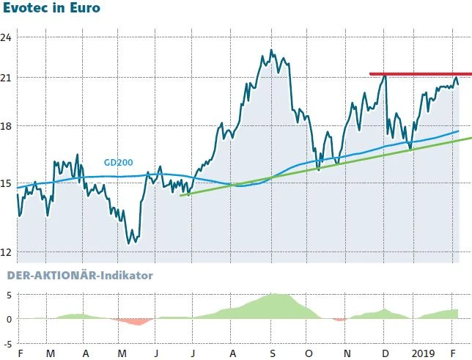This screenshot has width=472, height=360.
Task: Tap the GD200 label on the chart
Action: (x=117, y=163)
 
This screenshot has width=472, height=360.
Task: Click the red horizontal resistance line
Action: (x=418, y=74)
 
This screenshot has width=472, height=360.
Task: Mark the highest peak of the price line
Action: (x=271, y=50)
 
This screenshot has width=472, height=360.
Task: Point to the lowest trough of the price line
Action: (x=130, y=243)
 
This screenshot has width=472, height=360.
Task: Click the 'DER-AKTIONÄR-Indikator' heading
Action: (x=79, y=276)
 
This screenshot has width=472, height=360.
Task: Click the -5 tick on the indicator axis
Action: (x=7, y=342)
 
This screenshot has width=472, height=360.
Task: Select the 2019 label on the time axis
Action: (x=424, y=353)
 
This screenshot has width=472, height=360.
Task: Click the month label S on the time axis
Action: (x=272, y=353)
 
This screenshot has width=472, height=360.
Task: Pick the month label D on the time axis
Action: (x=386, y=353)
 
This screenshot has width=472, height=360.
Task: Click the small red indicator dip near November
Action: (x=339, y=320)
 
